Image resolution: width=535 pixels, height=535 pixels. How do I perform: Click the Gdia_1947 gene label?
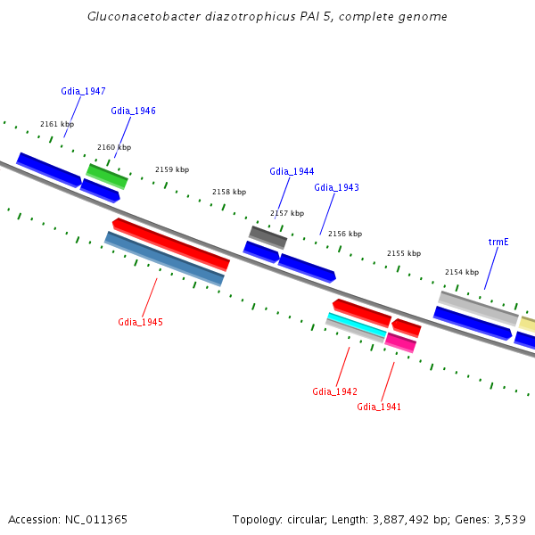pyautogui.click(x=83, y=91)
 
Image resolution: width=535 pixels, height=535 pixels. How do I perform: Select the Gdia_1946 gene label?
pyautogui.click(x=133, y=111)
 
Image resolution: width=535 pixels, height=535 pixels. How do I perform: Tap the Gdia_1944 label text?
pyautogui.click(x=292, y=171)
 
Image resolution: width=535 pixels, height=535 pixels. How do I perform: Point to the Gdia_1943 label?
pyautogui.click(x=336, y=187)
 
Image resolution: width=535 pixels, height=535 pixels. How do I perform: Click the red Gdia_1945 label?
pyautogui.click(x=140, y=322)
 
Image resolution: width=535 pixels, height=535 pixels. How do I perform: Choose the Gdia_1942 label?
pyautogui.click(x=334, y=391)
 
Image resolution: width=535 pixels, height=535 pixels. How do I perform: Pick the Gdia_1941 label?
pyautogui.click(x=379, y=407)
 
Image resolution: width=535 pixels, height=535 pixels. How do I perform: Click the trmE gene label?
pyautogui.click(x=498, y=242)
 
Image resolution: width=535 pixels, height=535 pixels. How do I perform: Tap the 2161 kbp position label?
pyautogui.click(x=57, y=125)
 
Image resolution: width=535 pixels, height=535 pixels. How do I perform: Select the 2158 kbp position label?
pyautogui.click(x=229, y=192)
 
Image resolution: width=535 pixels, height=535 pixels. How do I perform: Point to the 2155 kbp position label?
pyautogui.click(x=404, y=253)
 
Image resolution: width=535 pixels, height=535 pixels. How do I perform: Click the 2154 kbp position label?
pyautogui.click(x=462, y=272)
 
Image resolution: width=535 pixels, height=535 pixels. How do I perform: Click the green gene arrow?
pyautogui.click(x=107, y=176)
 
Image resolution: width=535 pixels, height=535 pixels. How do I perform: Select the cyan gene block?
pyautogui.click(x=356, y=325)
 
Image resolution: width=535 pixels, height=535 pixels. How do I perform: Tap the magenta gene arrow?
pyautogui.click(x=400, y=342)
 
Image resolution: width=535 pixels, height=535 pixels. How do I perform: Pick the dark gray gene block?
pyautogui.click(x=267, y=236)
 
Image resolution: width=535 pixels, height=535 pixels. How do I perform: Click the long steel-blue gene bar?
pyautogui.click(x=164, y=259)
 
